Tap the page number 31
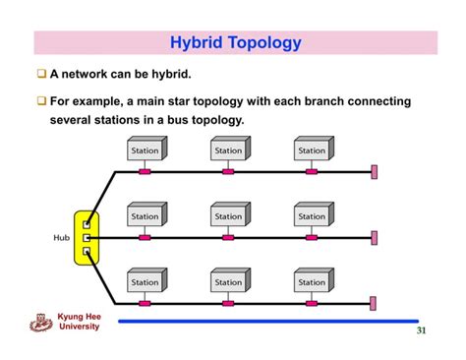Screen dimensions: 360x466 (x=421, y=331)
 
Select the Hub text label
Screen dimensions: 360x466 (x=62, y=237)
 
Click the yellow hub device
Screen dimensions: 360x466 (x=87, y=237)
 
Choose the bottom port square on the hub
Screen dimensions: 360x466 (x=87, y=253)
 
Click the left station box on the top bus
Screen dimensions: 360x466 (x=146, y=150)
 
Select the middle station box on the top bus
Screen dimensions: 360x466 (x=229, y=150)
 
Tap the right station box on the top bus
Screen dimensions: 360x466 (x=313, y=150)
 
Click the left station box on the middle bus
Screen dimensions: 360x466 (x=146, y=215)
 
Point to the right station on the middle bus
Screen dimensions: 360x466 (x=313, y=215)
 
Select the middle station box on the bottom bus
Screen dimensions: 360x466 (x=229, y=281)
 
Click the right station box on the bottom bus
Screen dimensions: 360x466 (x=313, y=281)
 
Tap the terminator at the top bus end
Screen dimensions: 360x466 (x=374, y=172)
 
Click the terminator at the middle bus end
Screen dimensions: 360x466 (x=374, y=237)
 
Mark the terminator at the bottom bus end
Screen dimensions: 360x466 (x=374, y=303)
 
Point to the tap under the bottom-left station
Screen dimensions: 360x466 (x=145, y=303)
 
